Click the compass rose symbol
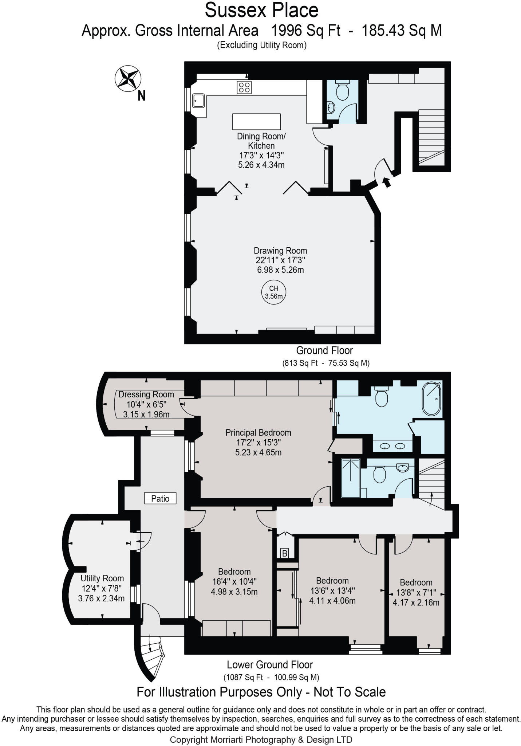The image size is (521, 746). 128,78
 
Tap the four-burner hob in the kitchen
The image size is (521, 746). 244,87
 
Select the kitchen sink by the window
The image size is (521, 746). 198,101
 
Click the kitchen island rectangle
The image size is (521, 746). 256,121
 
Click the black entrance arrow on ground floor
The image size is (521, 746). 387,181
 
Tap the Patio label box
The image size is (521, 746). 160,498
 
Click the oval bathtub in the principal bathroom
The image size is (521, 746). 431,398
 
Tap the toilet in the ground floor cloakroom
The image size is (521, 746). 342,91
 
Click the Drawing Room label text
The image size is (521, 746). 280,251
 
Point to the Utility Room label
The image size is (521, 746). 102,578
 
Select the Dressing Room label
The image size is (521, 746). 146,394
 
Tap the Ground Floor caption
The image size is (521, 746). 324,350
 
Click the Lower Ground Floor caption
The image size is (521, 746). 270,665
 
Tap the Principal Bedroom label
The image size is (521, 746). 258,433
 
